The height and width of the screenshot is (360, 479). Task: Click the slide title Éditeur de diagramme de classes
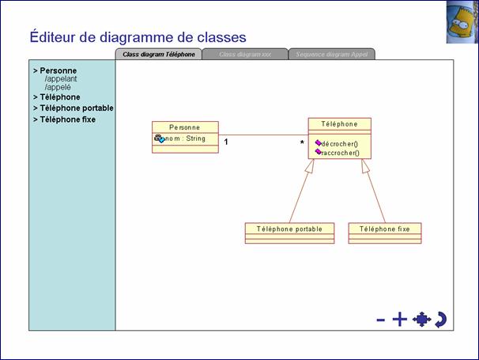(138, 36)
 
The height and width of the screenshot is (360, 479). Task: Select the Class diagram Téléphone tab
(159, 55)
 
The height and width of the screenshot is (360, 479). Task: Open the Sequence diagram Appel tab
(331, 55)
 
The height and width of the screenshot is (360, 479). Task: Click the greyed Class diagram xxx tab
(245, 55)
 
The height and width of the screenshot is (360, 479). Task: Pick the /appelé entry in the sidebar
(58, 87)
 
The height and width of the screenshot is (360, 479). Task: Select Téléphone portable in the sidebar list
(76, 108)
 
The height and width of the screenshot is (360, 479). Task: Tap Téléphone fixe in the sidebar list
(67, 119)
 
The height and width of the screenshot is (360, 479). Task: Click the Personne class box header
(185, 127)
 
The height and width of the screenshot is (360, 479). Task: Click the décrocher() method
(340, 144)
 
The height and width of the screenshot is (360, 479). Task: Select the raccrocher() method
(340, 153)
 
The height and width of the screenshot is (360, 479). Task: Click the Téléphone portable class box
(289, 229)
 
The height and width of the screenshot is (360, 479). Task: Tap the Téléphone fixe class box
(385, 229)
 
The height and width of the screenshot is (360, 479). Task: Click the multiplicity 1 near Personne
(226, 142)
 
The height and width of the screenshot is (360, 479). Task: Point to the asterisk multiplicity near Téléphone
(301, 143)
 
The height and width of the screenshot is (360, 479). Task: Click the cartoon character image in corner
(462, 21)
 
